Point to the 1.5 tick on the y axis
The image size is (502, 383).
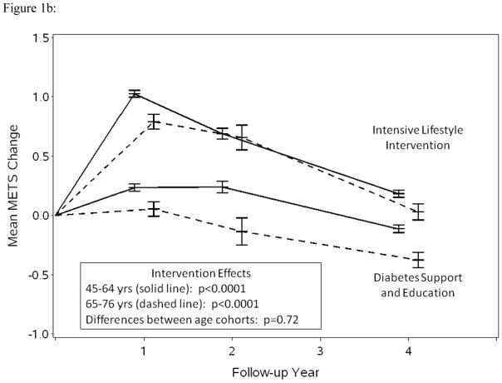click(38, 37)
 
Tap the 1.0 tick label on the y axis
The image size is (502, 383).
click(38, 97)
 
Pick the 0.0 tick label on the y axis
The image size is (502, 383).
click(38, 215)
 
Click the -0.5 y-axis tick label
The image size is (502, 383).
click(37, 275)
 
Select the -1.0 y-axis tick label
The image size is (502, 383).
click(37, 334)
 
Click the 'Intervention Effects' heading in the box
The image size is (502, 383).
click(194, 272)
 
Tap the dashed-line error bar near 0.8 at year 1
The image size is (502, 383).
click(153, 122)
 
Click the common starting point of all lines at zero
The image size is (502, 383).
click(56, 215)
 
